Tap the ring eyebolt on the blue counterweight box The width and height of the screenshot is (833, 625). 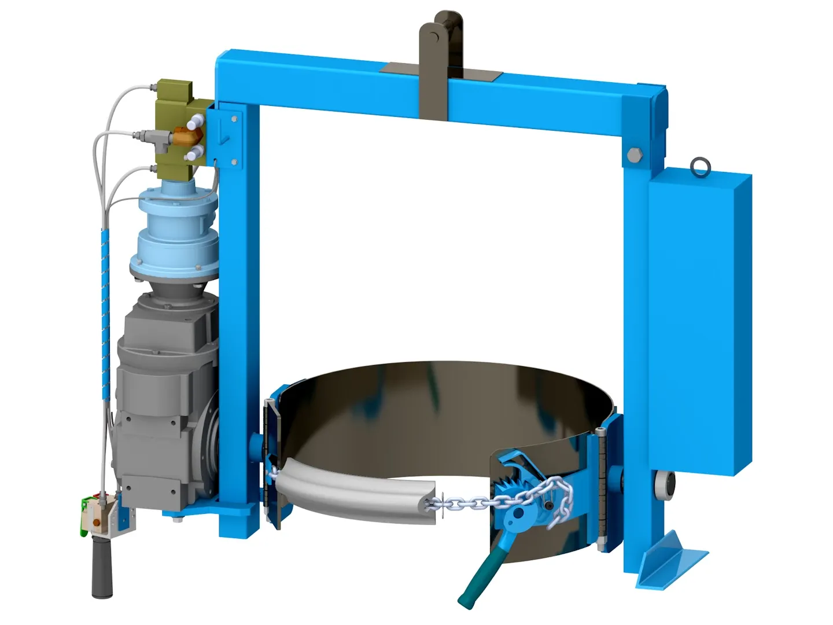[x=701, y=167]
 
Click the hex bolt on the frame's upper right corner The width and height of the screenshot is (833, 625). [x=633, y=156]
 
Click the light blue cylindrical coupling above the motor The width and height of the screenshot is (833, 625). [x=177, y=231]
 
